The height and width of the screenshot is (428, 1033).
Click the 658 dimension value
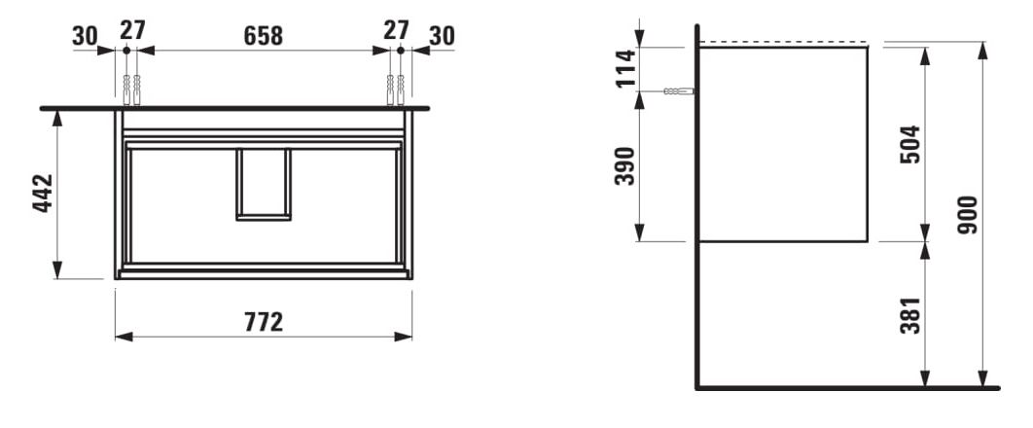click(x=263, y=36)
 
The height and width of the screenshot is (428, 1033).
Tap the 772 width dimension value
click(x=264, y=322)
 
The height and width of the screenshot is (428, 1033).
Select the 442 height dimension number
click(x=43, y=193)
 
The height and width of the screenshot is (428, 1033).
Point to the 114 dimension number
click(x=625, y=68)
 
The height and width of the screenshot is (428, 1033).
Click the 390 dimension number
click(x=625, y=166)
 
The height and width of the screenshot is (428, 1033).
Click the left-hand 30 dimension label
click(x=85, y=36)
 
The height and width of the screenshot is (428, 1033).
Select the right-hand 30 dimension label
click(x=442, y=36)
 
